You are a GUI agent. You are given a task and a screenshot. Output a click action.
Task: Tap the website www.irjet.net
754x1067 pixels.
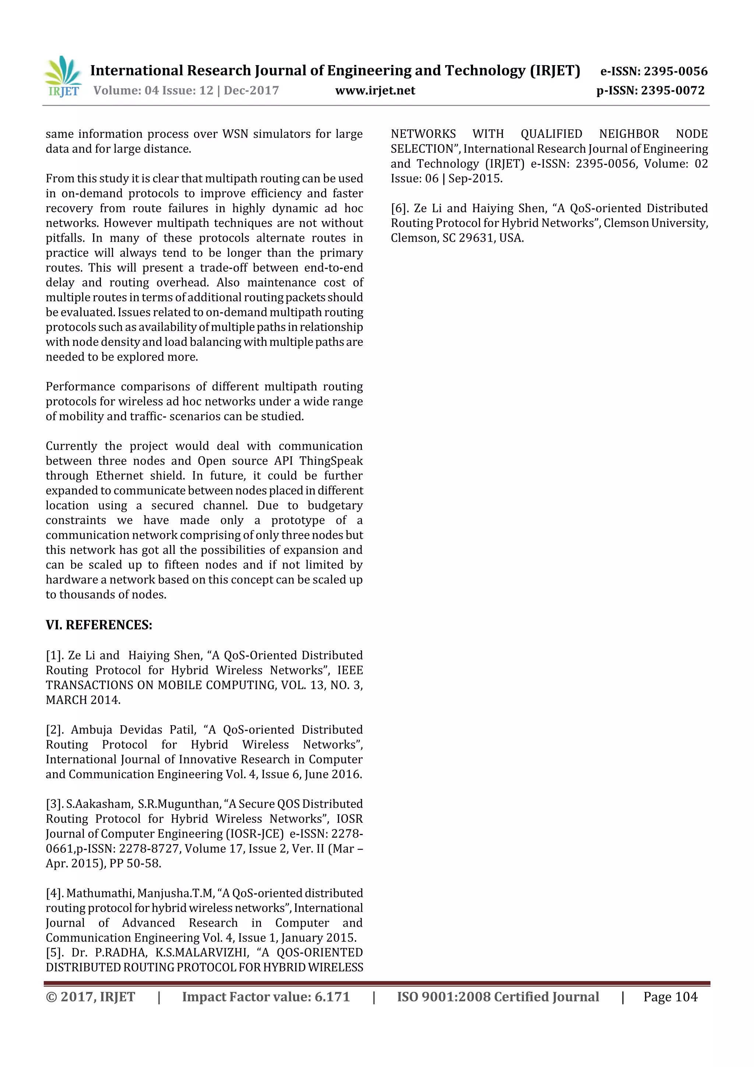375,91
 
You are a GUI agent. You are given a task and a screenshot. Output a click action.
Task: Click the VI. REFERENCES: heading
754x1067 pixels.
99,625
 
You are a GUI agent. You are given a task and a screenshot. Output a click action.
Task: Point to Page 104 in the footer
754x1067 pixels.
670,997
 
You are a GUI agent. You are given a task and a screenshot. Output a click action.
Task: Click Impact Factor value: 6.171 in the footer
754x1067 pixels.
266,997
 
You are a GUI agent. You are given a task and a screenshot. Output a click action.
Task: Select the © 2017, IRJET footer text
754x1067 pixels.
91,997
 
